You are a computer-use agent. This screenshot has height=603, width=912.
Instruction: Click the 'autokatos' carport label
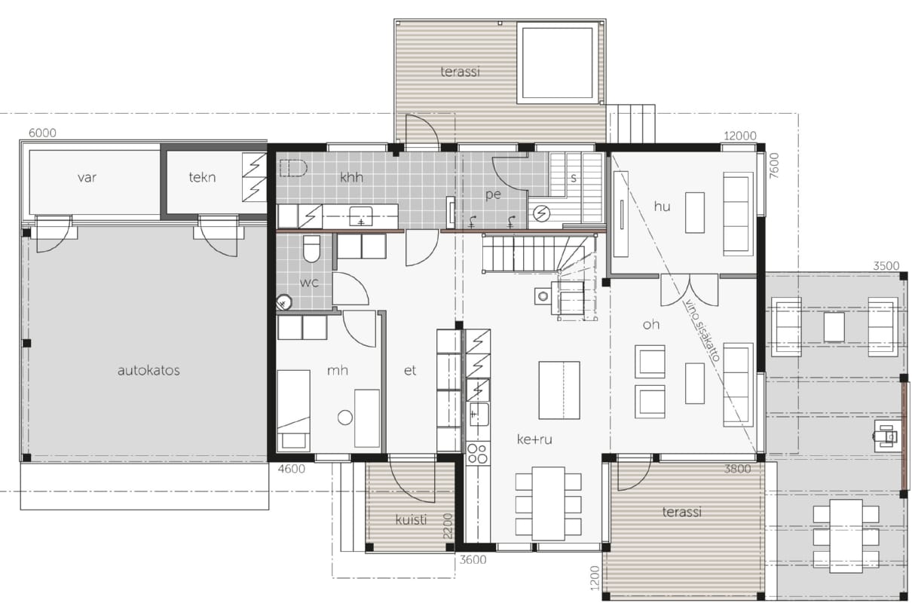coord(148,371)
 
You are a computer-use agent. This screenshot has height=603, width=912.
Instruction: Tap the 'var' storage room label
coord(87,178)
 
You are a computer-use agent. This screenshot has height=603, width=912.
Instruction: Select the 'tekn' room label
coord(202,177)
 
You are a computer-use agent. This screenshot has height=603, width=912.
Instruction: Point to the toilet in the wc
coord(312,249)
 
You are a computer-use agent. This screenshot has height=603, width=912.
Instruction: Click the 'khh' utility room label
coord(351,177)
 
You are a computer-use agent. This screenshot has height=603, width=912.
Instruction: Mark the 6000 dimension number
coord(42,133)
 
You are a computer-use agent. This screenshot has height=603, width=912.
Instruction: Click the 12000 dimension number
coord(740,136)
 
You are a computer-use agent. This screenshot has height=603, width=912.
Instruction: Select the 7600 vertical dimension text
coord(774,165)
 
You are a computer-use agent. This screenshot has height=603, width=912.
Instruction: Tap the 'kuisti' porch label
coord(411,519)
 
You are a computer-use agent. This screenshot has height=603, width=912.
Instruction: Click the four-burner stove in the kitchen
coord(478,453)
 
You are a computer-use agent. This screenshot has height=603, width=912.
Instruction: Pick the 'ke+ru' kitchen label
coord(534,439)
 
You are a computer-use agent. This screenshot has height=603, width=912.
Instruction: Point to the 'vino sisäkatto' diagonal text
coord(702,330)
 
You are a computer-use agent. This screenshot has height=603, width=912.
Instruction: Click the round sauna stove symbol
coord(541,213)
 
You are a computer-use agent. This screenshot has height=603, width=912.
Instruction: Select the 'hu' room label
coord(662,207)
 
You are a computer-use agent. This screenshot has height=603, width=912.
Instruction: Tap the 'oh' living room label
coord(651,324)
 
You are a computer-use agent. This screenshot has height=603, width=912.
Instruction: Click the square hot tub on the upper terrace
coord(558,63)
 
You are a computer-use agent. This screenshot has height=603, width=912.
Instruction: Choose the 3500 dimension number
coord(886,266)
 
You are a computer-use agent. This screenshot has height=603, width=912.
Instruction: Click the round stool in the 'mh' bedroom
coord(345,418)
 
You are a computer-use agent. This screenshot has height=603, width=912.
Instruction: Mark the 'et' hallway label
coord(409,371)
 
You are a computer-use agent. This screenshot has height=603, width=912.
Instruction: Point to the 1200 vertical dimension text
coord(595,577)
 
